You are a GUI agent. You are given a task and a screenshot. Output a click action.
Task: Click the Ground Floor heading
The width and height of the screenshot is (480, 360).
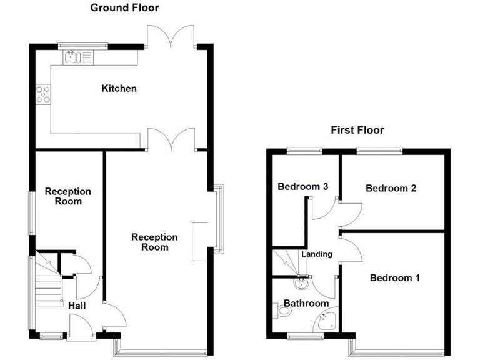point(124,8)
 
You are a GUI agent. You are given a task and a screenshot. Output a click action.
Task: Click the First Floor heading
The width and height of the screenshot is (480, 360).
point(357,130)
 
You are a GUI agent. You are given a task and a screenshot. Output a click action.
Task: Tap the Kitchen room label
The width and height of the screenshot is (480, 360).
point(119,89)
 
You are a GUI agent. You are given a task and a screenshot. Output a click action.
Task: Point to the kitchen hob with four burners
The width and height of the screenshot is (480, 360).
point(44,94)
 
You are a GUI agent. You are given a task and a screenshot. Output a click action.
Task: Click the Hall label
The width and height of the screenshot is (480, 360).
point(77,306)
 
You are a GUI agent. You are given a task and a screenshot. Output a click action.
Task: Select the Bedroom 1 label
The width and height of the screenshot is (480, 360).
point(394,278)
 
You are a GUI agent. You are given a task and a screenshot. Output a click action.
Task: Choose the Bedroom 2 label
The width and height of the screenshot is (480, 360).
point(391,188)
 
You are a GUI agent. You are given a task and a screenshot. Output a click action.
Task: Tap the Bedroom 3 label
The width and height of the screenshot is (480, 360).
point(303,186)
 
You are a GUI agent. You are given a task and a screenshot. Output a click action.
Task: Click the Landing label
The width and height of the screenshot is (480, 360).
point(317,254)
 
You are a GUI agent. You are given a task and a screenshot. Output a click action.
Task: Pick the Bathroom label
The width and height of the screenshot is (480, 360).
point(306,304)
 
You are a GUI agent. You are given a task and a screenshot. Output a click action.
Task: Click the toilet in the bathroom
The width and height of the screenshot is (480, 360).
point(281,311)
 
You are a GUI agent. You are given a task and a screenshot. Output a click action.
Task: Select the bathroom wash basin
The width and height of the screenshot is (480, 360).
point(302,283)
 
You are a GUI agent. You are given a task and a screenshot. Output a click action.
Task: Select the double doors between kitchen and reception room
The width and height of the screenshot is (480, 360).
point(171,139)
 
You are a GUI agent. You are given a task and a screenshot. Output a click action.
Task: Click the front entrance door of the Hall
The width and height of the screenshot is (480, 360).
point(79,326)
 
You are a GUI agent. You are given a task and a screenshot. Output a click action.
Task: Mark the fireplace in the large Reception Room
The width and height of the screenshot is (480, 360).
point(199,241)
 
